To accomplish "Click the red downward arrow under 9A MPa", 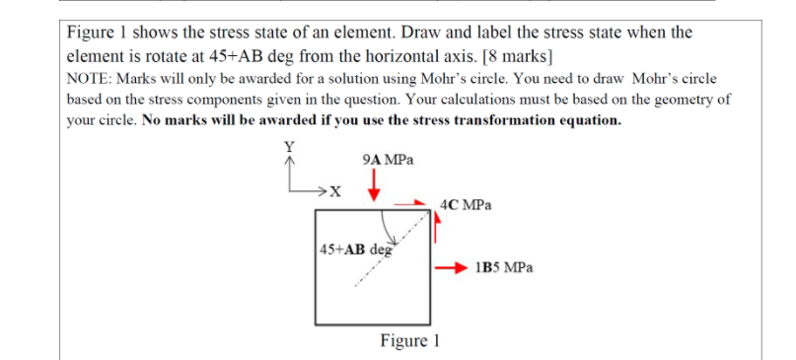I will point(374,184).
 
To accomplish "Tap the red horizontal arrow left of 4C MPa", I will point(410,206).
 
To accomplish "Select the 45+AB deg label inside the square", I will point(356,248).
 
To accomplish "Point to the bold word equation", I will point(584,120).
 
